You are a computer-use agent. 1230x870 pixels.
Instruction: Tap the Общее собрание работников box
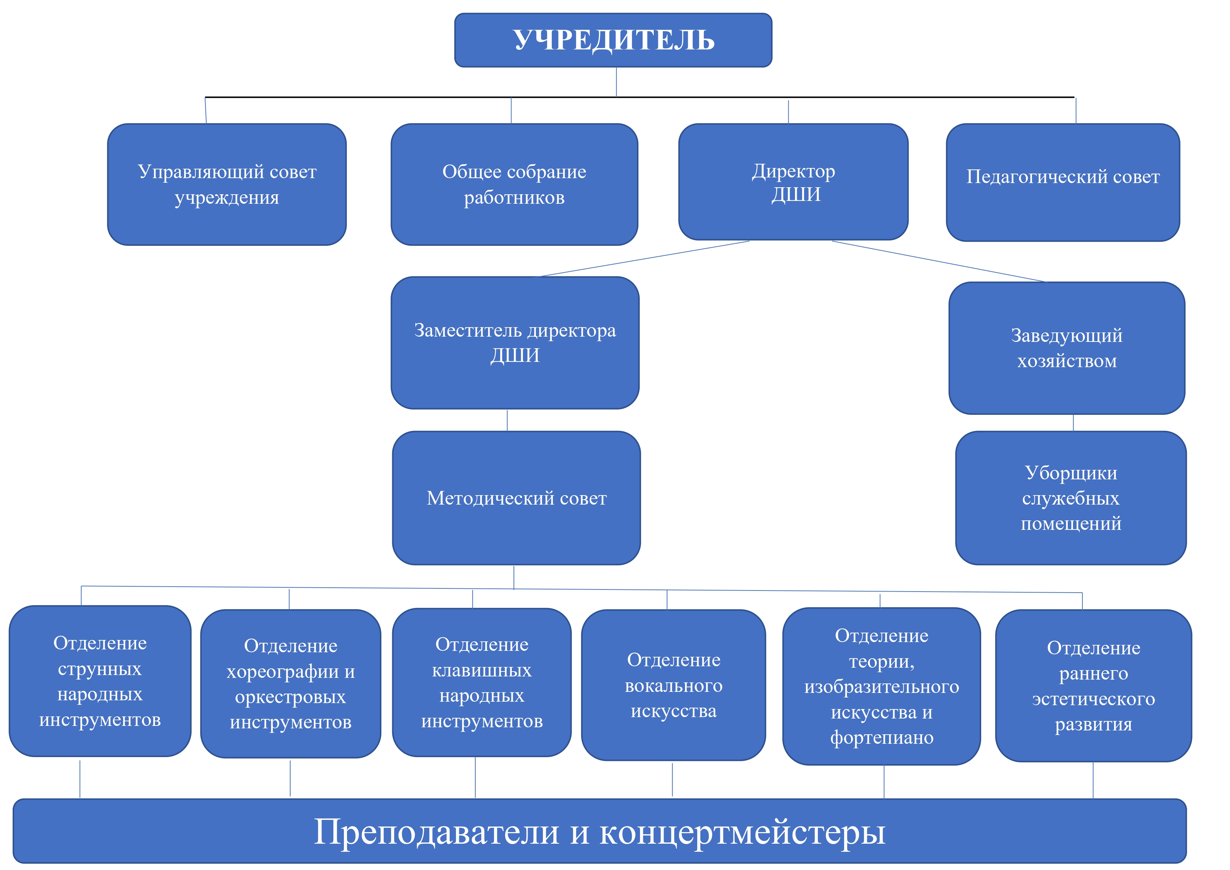point(514,184)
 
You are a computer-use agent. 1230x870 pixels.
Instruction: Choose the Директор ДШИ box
point(793,182)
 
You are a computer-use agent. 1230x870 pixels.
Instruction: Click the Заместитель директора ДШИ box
point(515,343)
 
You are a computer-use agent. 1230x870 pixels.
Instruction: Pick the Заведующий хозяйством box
point(1067,348)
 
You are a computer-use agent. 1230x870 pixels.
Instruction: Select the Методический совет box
point(516,498)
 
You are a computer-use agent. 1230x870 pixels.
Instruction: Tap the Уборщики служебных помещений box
point(1071,498)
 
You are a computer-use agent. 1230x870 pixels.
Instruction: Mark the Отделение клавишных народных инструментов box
point(482,682)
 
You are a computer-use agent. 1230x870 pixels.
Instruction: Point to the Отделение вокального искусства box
point(673,685)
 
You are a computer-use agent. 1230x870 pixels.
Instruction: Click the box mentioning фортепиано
point(882,686)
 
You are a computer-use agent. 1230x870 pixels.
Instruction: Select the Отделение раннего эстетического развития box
point(1093,686)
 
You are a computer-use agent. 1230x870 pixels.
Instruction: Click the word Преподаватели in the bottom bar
point(437,832)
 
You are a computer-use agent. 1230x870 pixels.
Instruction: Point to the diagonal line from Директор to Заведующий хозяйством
point(939,262)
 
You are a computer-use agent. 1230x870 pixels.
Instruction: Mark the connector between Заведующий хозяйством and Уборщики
point(1073,423)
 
